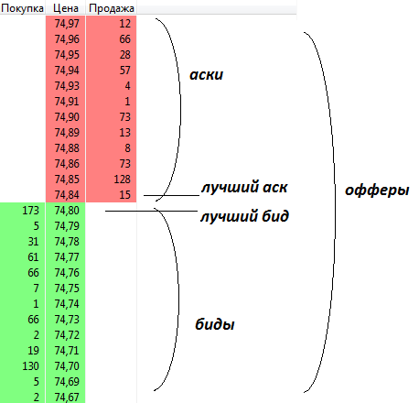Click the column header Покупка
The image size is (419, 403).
pos(22,8)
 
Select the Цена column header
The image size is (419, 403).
pos(66,8)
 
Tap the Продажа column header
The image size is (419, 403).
pos(112,8)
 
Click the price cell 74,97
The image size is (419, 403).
pos(67,24)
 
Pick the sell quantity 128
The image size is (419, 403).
pos(123,180)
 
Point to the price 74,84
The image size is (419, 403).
pos(67,195)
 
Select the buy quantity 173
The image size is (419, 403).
pos(30,211)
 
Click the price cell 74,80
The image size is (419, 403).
pos(67,211)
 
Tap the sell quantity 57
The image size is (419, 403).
pos(125,71)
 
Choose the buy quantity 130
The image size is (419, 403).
pos(30,366)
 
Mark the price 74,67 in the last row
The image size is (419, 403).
pos(67,398)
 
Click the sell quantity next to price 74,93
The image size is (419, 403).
pos(127,86)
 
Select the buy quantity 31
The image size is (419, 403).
pos(33,242)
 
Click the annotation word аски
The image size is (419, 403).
pos(207,75)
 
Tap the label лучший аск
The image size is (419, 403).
pos(244,187)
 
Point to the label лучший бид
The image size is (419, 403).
pos(244,216)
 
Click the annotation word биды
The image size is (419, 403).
pos(215,324)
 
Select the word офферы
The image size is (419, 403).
pos(377,191)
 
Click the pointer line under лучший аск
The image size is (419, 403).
pos(171,195)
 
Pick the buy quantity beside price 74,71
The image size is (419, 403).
pos(33,351)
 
